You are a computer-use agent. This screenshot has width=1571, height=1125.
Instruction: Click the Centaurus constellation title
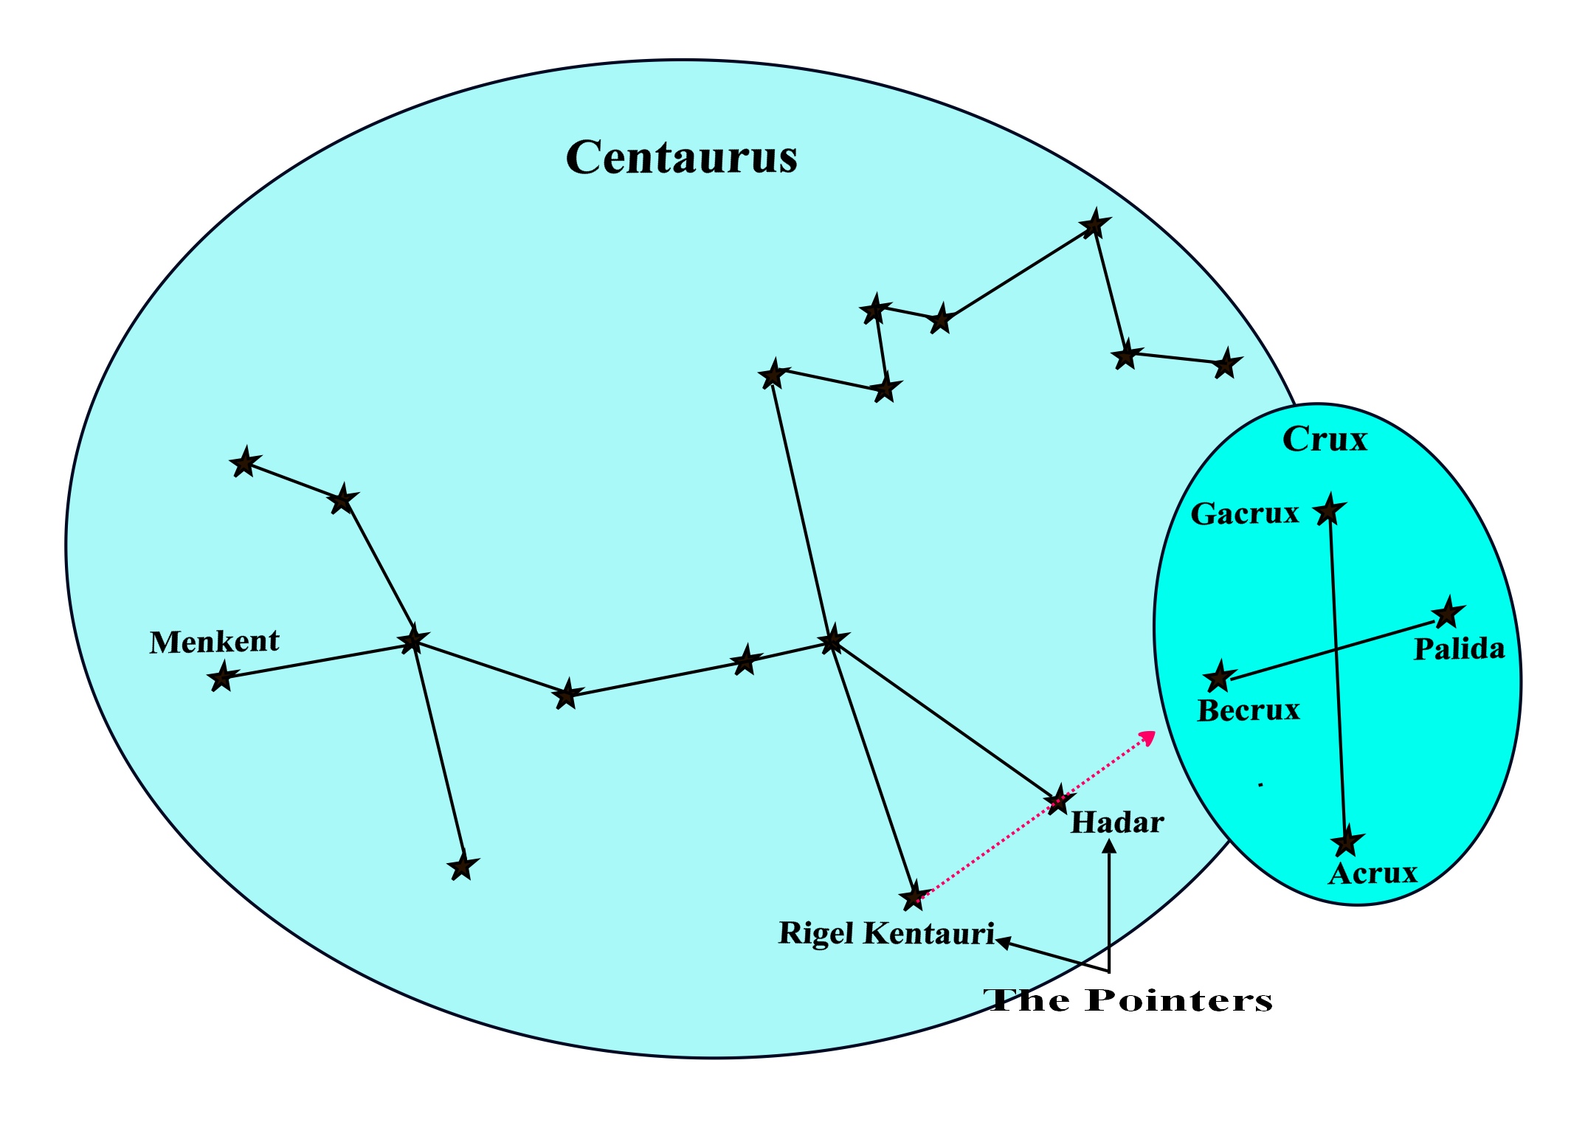coord(681,157)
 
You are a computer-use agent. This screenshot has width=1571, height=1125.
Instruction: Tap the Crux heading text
coord(1325,440)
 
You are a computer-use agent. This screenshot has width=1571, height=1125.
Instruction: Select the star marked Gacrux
coord(1329,510)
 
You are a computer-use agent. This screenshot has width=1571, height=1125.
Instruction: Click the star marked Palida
coord(1448,613)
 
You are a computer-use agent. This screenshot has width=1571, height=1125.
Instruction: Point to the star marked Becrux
coord(1219,676)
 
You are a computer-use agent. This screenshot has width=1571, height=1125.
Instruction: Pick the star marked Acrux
coord(1347,842)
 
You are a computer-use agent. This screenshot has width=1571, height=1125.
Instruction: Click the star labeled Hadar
coord(1059,800)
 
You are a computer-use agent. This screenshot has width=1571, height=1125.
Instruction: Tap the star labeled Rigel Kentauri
coord(914,897)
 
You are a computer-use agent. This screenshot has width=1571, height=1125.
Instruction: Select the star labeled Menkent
coord(221,676)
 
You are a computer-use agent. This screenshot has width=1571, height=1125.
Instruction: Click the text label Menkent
coord(214,642)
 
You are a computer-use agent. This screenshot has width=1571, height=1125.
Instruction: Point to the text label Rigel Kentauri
coord(886,934)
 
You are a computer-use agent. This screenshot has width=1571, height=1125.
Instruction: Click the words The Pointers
coord(1128,1001)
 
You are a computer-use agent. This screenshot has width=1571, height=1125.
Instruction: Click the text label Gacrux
coord(1244,514)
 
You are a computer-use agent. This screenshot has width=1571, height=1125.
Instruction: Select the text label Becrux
coord(1248,710)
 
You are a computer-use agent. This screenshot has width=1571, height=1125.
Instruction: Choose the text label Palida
coord(1459,649)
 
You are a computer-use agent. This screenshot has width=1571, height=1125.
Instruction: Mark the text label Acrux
coord(1373,874)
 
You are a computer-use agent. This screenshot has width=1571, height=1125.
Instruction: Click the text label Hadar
coord(1116,823)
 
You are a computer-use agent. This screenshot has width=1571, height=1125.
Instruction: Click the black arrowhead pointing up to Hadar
coord(1108,847)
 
